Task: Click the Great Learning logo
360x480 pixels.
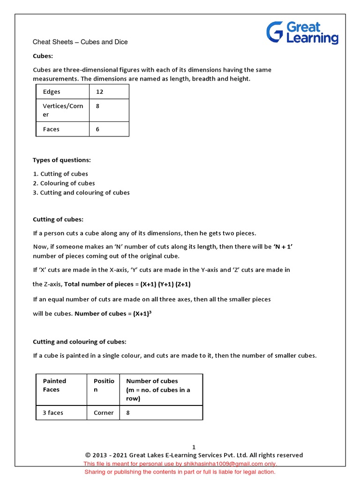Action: click(x=302, y=32)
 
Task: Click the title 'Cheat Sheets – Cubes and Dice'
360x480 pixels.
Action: click(x=80, y=42)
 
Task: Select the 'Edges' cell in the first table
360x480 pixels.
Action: click(x=52, y=92)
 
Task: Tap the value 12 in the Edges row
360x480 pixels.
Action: click(x=99, y=92)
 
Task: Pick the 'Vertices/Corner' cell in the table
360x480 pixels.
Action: click(x=63, y=110)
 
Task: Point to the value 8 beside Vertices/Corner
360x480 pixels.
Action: click(x=97, y=106)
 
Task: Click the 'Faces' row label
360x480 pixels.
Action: click(x=51, y=129)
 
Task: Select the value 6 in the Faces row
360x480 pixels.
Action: click(x=97, y=129)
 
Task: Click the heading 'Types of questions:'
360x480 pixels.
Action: click(x=61, y=160)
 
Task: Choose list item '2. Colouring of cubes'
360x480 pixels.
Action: click(x=64, y=183)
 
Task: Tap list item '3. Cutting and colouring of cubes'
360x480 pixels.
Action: click(x=81, y=193)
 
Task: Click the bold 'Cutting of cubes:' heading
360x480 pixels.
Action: click(x=58, y=219)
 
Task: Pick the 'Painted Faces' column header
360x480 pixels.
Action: click(x=54, y=385)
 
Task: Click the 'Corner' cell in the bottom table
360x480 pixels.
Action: click(x=103, y=413)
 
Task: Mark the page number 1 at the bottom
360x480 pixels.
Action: click(x=194, y=447)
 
